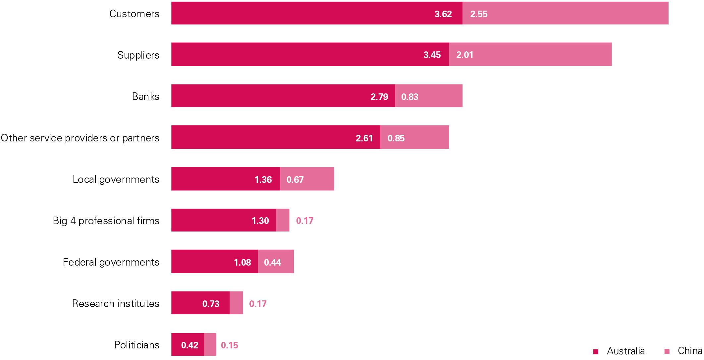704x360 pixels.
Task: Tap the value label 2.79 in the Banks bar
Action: point(379,97)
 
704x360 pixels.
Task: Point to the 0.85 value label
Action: point(396,138)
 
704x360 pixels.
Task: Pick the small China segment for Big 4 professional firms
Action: point(283,220)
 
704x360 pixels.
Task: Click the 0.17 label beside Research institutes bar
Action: point(257,304)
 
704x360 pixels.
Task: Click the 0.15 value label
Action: point(229,345)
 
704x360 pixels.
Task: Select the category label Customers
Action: point(134,14)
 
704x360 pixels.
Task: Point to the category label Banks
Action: point(145,96)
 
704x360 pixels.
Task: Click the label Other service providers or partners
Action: point(80,138)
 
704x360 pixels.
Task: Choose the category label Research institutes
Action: point(116,303)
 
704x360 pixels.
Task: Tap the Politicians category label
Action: point(136,345)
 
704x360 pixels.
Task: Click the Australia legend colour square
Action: point(596,351)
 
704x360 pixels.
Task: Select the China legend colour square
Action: point(667,351)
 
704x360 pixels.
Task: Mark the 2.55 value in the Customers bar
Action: point(478,14)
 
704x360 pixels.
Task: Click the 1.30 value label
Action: point(260,221)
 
